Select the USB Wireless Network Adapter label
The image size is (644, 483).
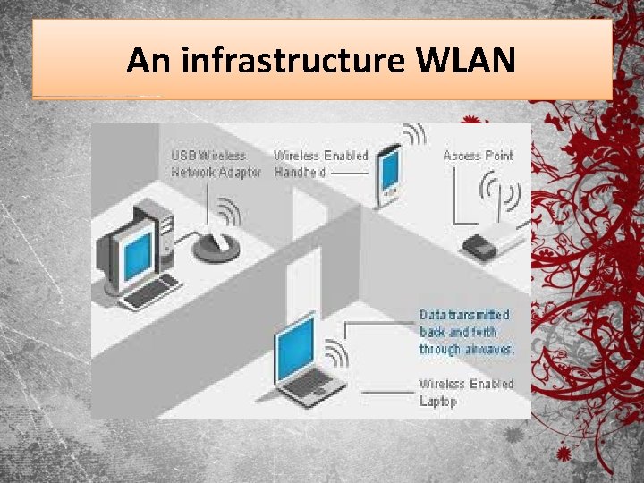(216, 164)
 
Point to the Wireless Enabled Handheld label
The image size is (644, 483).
(320, 164)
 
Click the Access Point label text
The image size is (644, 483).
(479, 156)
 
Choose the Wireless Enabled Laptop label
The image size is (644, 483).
(466, 393)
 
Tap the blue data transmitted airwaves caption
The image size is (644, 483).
(467, 332)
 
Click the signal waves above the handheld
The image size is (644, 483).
(413, 135)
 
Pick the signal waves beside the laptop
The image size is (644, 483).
(336, 352)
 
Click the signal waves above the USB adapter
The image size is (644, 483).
(229, 212)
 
